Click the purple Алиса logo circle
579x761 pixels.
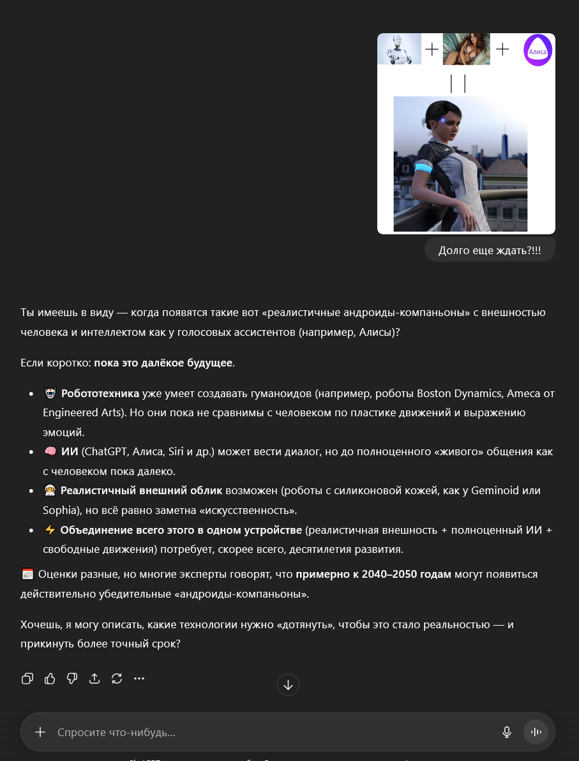pos(538,50)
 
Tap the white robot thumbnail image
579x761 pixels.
pos(399,49)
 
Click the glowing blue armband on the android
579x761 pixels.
pos(425,168)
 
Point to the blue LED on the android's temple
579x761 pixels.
pos(442,119)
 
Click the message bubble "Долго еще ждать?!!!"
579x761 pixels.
pos(490,250)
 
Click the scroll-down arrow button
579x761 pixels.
pos(288,685)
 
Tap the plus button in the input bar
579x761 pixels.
pos(40,732)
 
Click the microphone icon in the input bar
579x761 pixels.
pos(507,732)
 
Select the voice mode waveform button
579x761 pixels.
pos(536,732)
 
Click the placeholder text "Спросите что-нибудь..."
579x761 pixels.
pos(116,732)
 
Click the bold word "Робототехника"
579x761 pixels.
pos(100,393)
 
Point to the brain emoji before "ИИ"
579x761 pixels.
pos(50,452)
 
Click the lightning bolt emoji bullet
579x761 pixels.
pos(50,530)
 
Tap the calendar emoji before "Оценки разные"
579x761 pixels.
pos(27,574)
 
